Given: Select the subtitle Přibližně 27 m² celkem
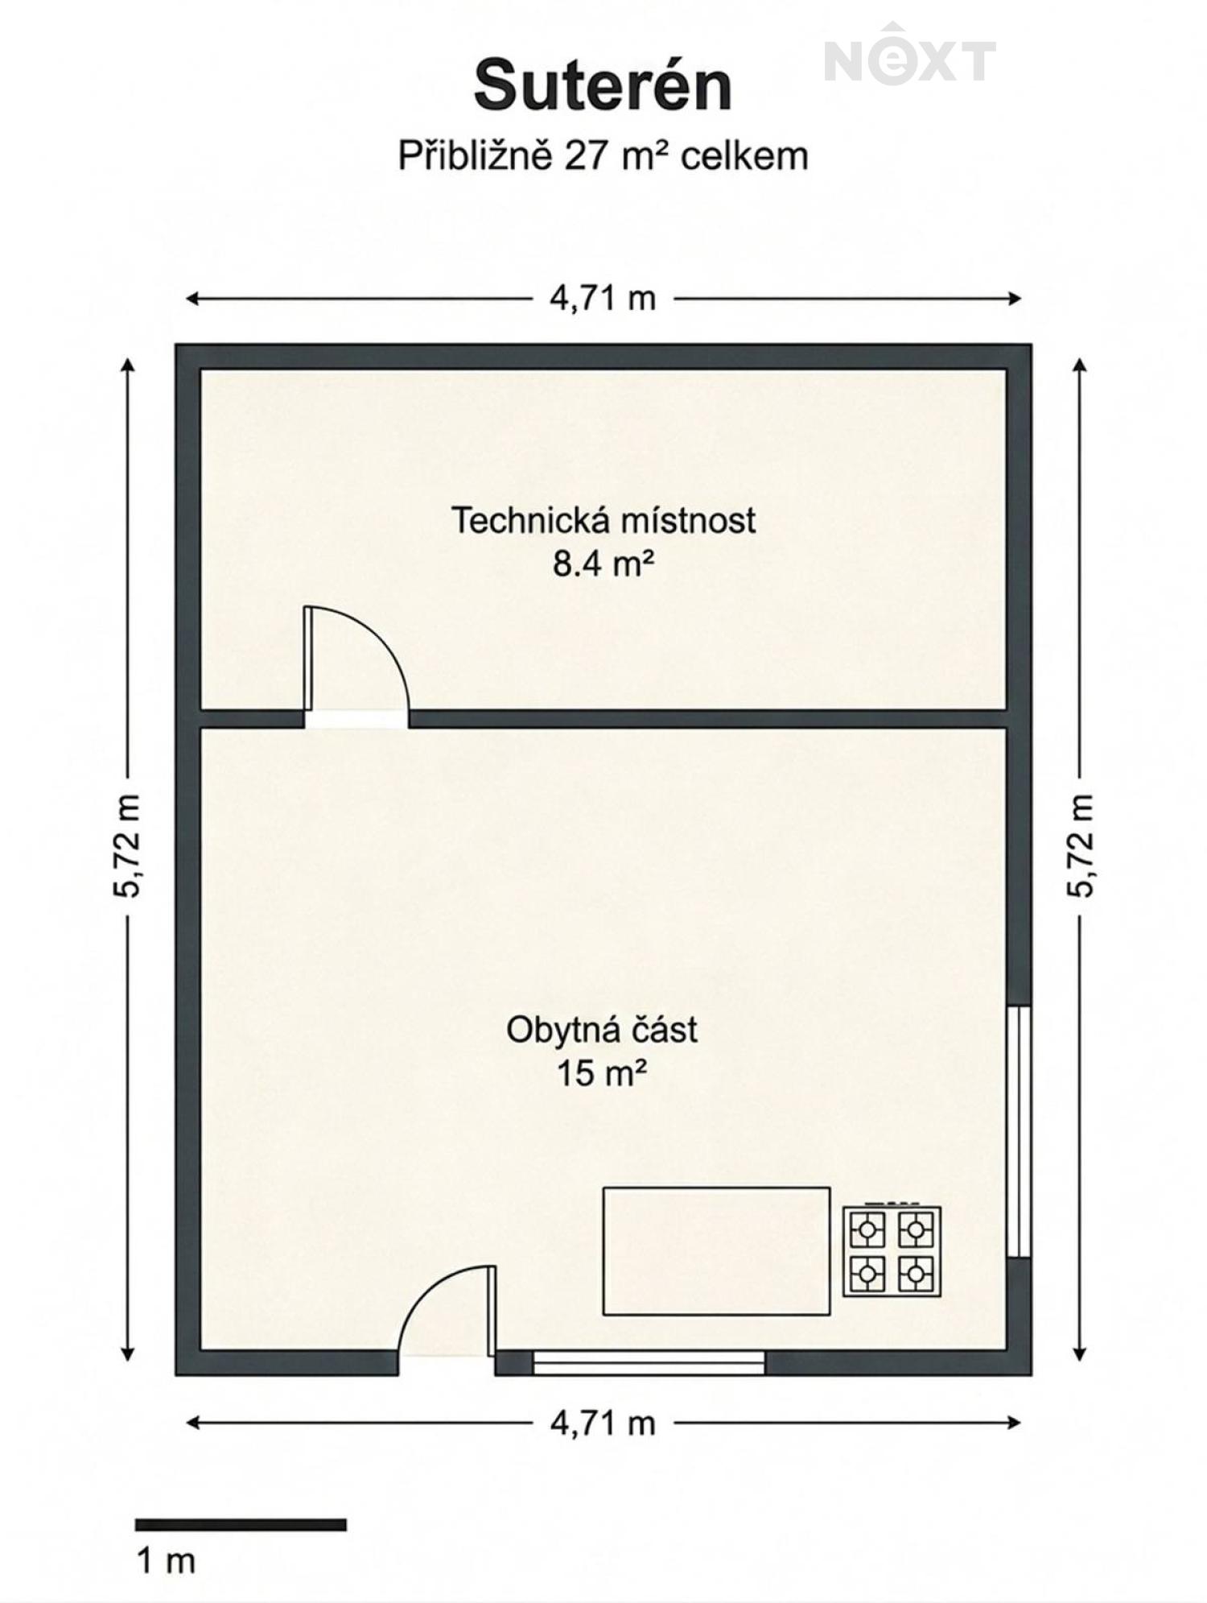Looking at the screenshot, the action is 603,155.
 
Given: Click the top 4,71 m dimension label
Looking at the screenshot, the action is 603,299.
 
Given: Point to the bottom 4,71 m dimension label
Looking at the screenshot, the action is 603,1423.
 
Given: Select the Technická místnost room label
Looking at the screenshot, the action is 603,520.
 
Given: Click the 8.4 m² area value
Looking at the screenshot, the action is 603,564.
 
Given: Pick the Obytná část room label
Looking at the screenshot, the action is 602,1030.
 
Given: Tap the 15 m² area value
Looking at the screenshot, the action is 603,1073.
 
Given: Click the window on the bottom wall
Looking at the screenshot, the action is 649,1362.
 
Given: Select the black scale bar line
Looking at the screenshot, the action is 241,1525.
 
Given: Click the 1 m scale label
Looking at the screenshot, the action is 167,1562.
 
